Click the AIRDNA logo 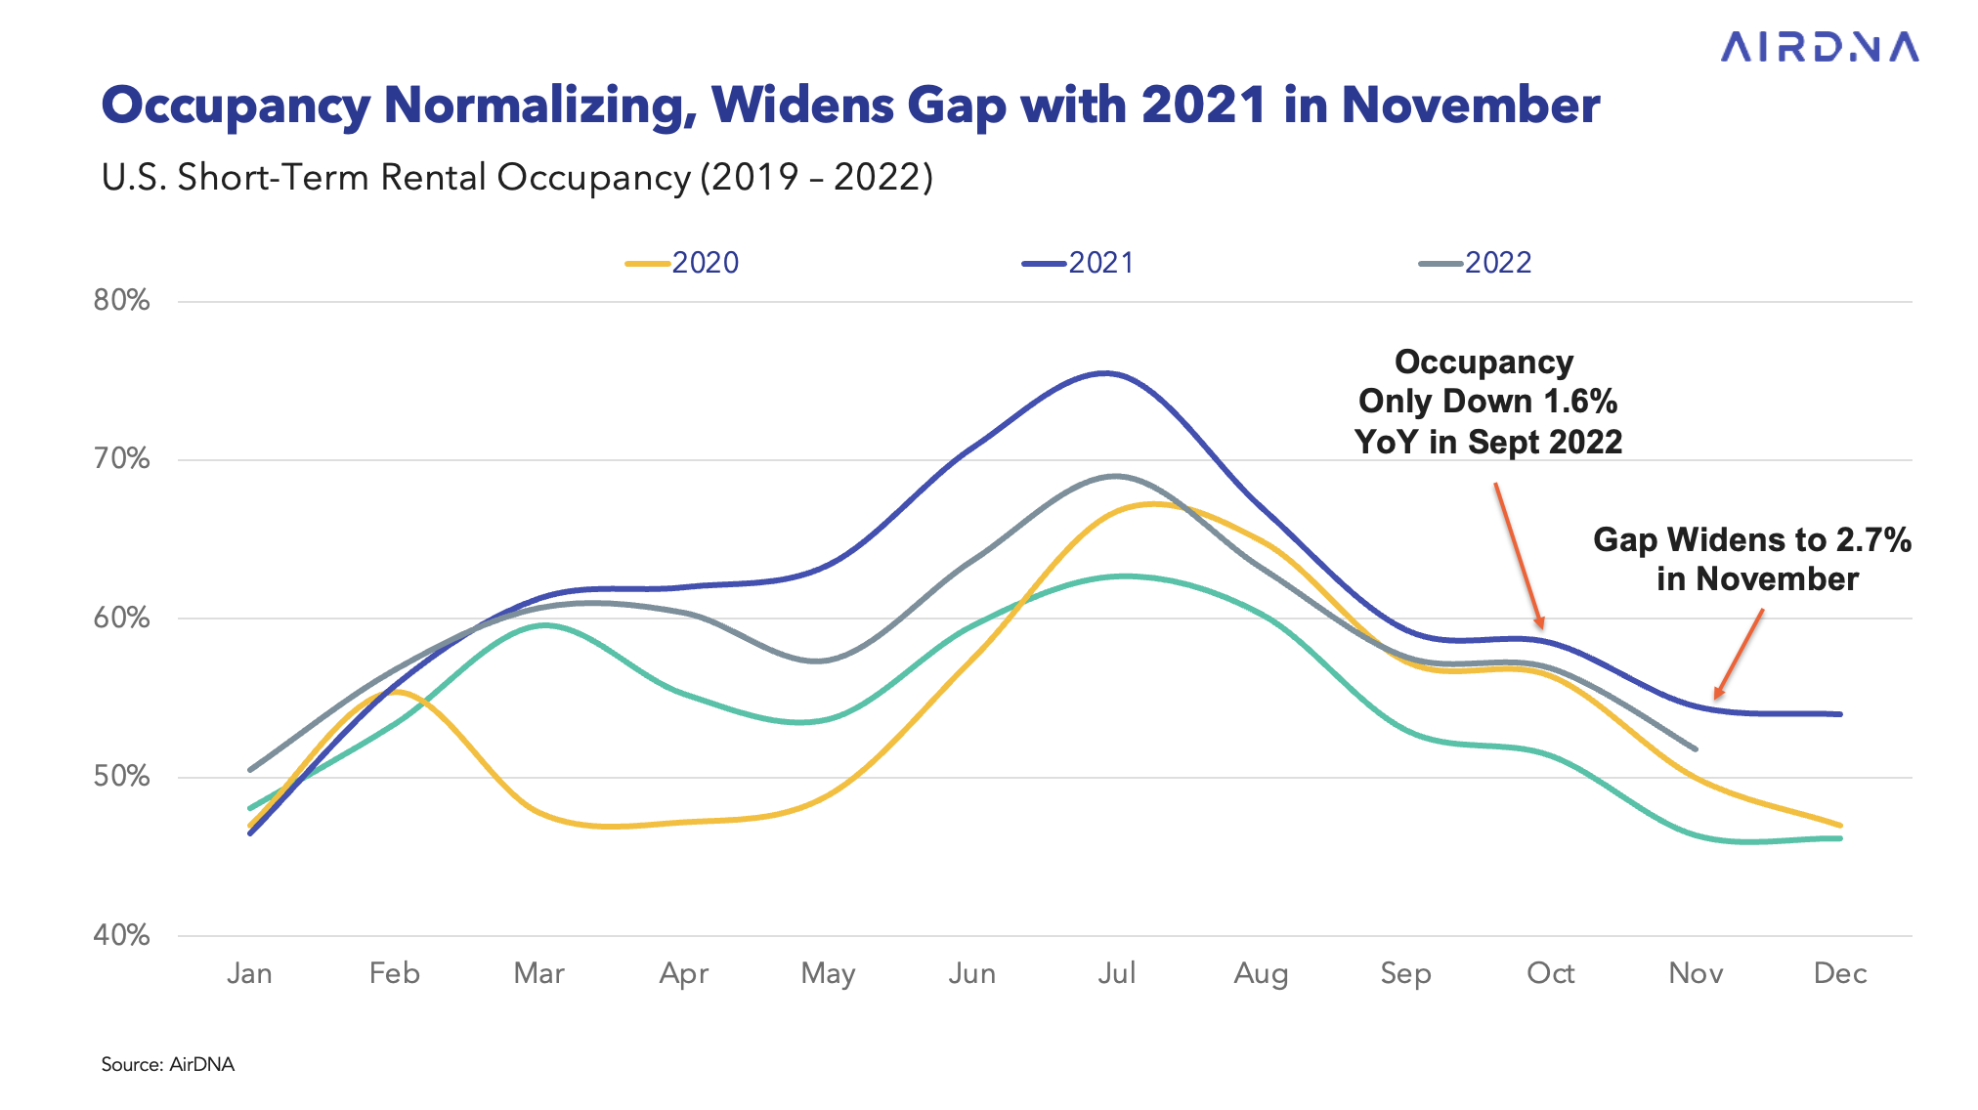[x=1819, y=47]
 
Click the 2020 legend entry [x=684, y=263]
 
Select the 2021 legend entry [x=1080, y=263]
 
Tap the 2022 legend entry [x=1477, y=263]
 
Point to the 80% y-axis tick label [x=122, y=300]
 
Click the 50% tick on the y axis [x=122, y=777]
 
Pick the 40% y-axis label [x=122, y=935]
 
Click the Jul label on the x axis [x=1116, y=973]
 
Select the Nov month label [x=1696, y=973]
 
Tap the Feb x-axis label [x=394, y=973]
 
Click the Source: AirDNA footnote [x=168, y=1064]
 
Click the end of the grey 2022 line [x=1696, y=749]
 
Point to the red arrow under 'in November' [x=1740, y=653]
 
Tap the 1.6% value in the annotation [x=1579, y=402]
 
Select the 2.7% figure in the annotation [x=1872, y=540]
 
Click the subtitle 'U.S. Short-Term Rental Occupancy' [x=396, y=177]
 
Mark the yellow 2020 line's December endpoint [x=1840, y=825]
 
